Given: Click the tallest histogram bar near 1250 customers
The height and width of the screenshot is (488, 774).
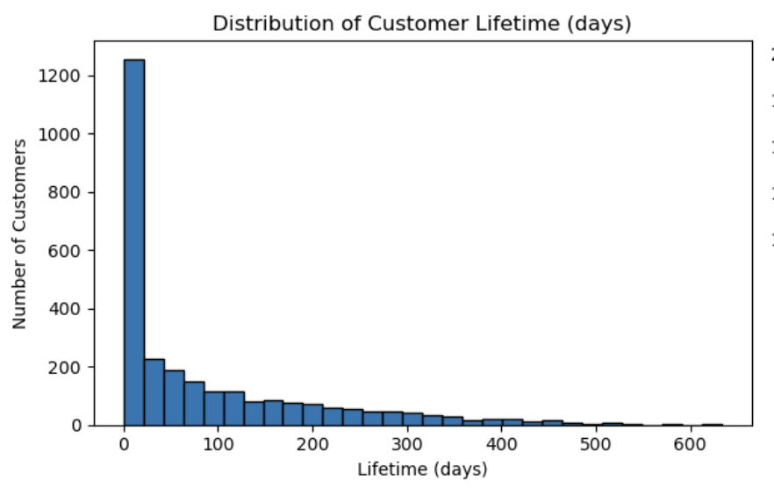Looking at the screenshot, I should tap(134, 242).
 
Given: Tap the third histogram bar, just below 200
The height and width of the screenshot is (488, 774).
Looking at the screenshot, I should tap(175, 398).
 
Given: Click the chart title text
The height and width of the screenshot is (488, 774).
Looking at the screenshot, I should tap(422, 25).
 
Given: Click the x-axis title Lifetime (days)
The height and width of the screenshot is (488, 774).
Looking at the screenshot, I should tap(422, 470).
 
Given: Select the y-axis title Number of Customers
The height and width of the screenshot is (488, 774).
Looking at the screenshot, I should tap(19, 233).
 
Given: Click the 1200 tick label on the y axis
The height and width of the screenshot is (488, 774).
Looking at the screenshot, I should tap(63, 76).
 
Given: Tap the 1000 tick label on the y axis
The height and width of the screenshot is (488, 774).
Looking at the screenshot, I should tap(63, 134).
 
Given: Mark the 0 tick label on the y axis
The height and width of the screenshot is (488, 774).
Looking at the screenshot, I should tap(76, 425).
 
